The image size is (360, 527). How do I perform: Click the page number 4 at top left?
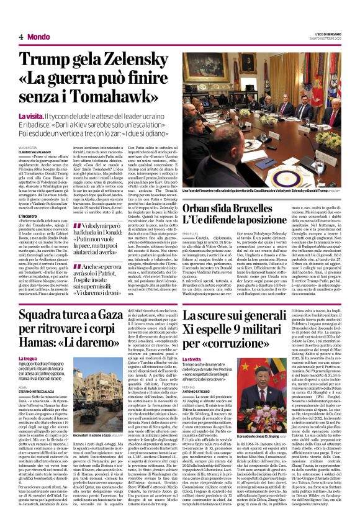click(20, 37)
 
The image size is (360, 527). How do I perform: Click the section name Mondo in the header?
click(38, 37)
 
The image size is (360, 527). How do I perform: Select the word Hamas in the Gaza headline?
click(44, 340)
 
